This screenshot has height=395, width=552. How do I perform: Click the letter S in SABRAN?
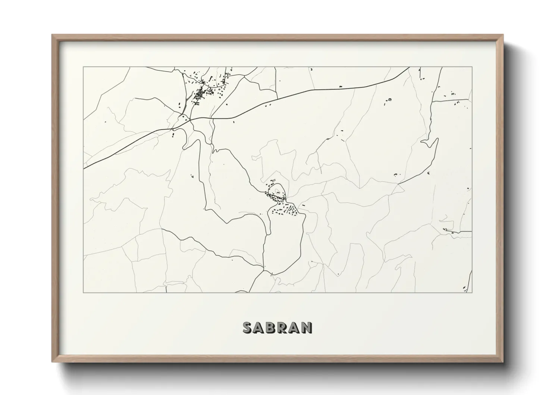click(x=248, y=327)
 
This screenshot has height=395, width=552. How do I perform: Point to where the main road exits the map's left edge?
click(x=84, y=168)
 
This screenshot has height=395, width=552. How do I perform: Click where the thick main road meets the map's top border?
click(x=410, y=68)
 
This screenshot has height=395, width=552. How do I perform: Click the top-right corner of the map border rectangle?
click(x=472, y=67)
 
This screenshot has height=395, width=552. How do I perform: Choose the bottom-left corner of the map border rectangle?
click(x=84, y=292)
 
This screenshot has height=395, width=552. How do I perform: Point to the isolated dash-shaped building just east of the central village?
click(x=304, y=205)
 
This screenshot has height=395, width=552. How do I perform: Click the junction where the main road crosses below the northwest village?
click(x=190, y=119)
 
